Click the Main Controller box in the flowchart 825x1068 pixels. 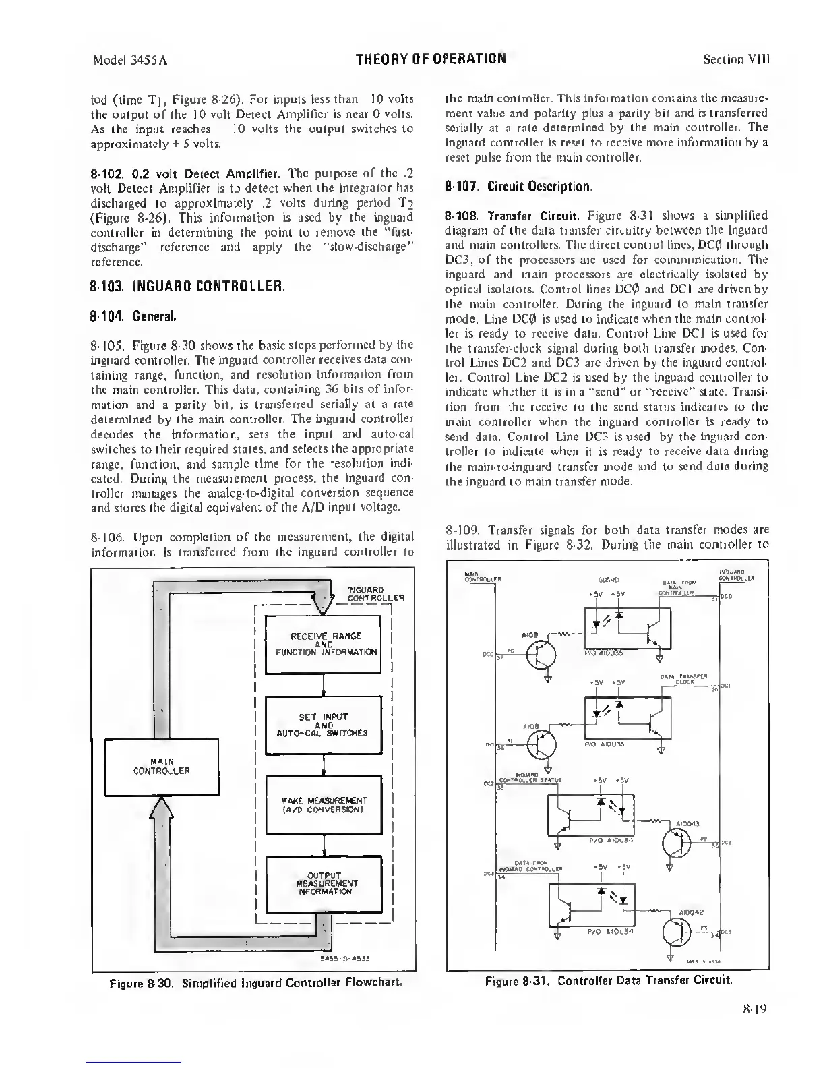(162, 767)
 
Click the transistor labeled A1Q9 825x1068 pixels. (542, 655)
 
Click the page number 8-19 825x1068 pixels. (756, 1009)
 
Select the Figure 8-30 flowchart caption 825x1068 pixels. (255, 982)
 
